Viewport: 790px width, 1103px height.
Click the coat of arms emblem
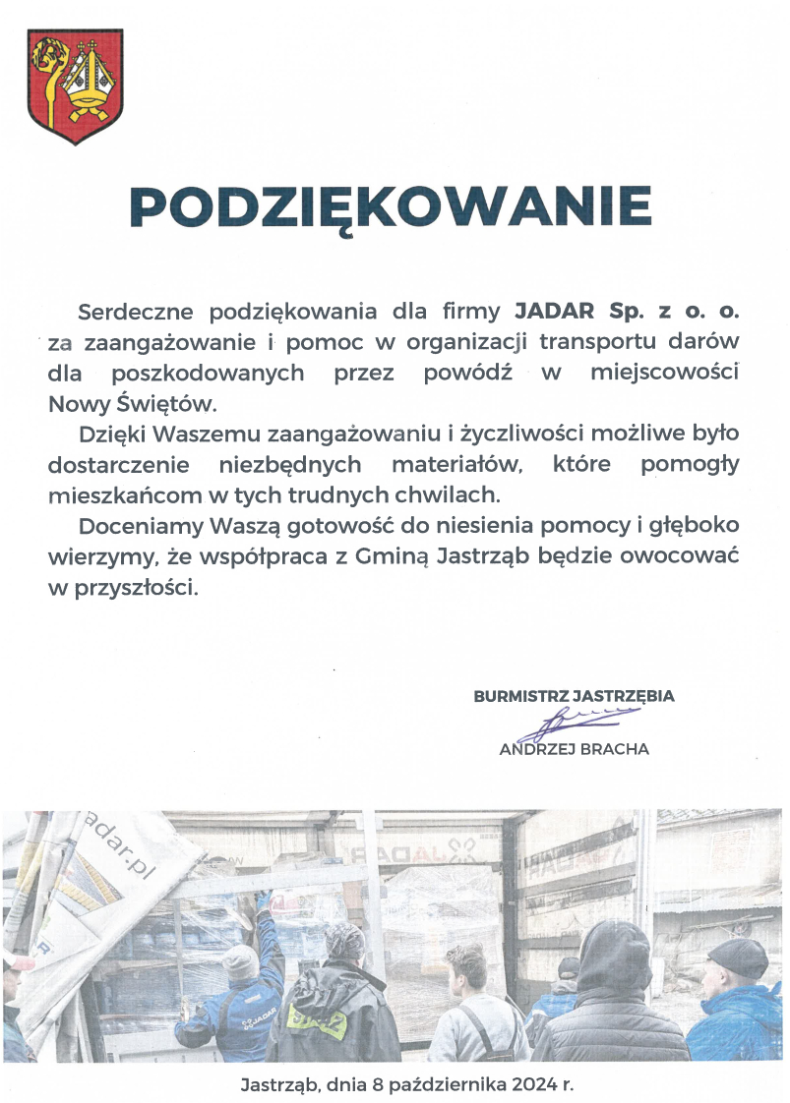point(75,87)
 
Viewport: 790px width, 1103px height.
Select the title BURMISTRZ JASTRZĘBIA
point(574,696)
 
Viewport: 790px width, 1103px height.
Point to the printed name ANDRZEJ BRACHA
point(575,749)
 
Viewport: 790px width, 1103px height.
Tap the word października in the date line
point(441,1086)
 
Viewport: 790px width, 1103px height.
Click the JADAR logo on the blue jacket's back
point(229,1022)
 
